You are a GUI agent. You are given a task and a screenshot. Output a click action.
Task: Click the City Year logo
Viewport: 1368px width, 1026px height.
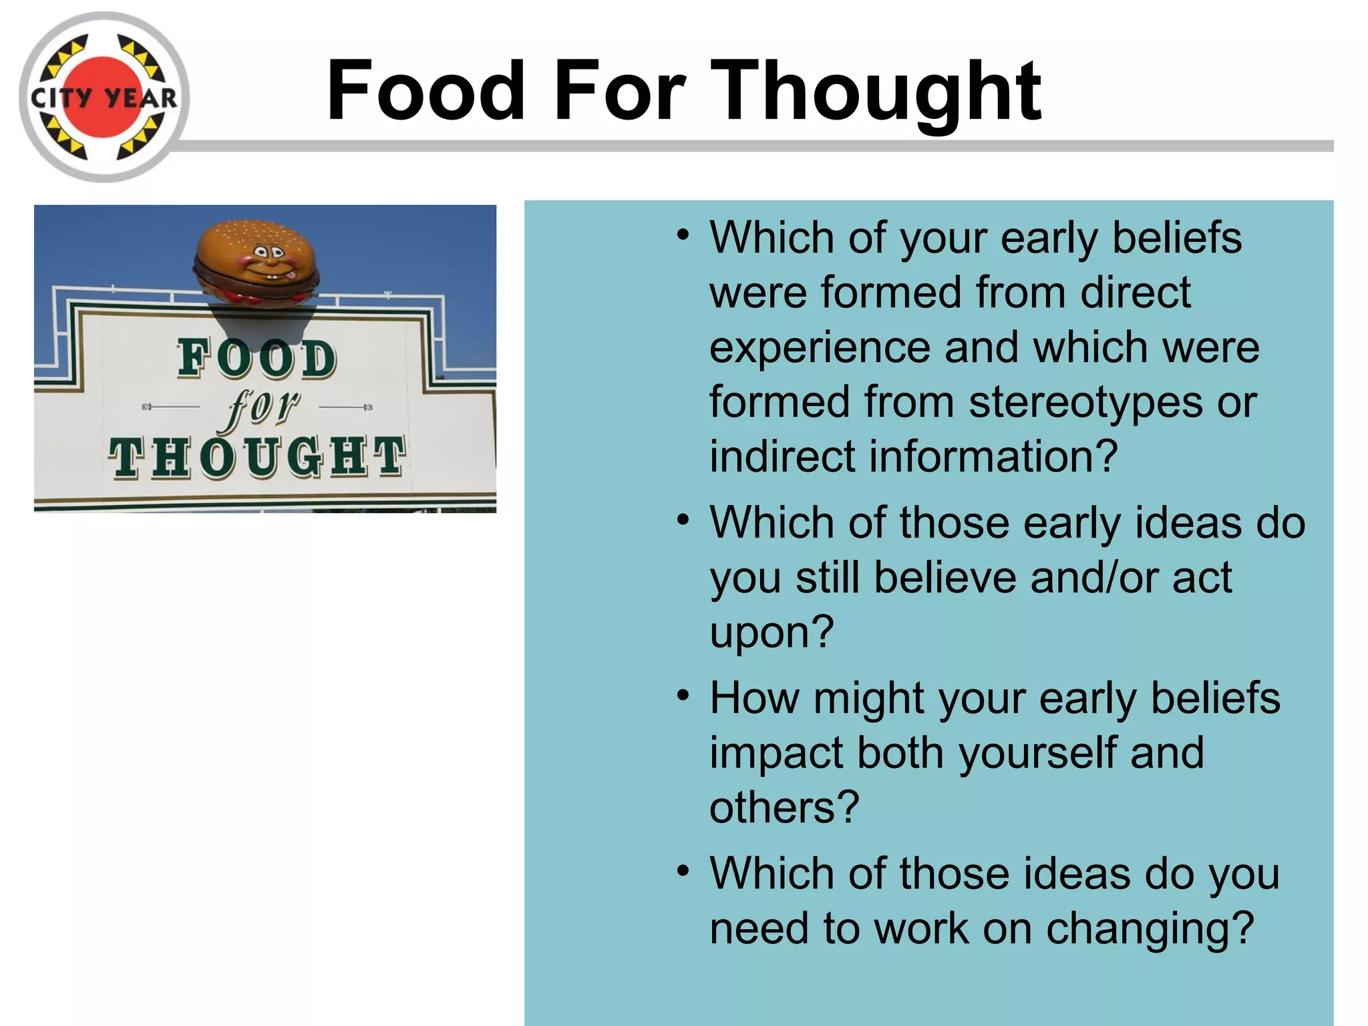tap(104, 98)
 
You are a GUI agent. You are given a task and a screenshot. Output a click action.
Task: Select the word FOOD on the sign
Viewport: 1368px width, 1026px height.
tap(257, 359)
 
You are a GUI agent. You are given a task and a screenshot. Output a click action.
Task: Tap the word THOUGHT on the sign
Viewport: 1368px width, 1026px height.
tap(257, 458)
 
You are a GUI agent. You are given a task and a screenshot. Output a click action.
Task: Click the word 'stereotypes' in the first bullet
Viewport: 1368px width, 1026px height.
tap(1085, 402)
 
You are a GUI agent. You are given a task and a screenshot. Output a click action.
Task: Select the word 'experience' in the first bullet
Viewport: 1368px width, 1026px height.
tap(820, 348)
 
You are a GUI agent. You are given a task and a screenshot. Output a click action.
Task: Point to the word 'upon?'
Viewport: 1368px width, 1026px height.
tap(772, 632)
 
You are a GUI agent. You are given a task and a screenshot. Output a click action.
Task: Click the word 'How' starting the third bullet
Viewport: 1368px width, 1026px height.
tap(754, 698)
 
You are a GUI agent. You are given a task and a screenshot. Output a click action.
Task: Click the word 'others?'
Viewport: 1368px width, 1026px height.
tap(784, 808)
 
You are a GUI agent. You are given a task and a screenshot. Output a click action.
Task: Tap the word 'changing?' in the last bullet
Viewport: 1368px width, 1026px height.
tap(1150, 928)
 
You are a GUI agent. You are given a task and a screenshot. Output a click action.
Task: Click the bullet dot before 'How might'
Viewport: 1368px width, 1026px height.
tap(682, 695)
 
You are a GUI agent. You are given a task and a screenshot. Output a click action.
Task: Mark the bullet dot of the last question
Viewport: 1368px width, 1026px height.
tap(682, 871)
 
